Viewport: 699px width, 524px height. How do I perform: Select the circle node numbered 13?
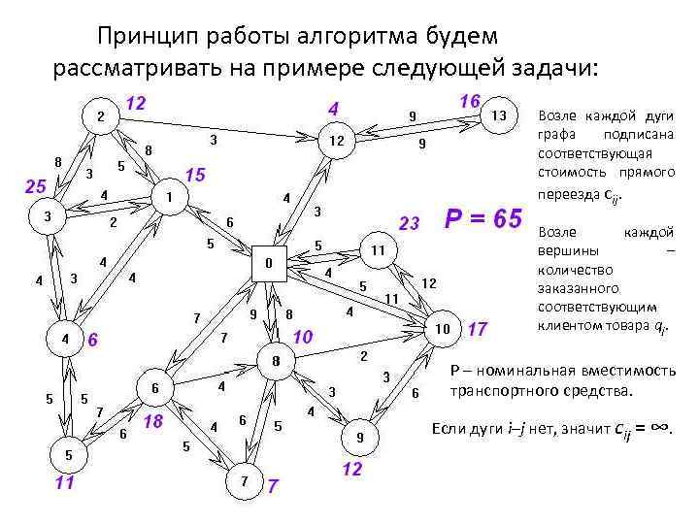(498, 115)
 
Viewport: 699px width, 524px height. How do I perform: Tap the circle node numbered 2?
(99, 117)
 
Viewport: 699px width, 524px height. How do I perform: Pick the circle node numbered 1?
(169, 196)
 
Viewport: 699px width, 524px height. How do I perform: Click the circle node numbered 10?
(442, 328)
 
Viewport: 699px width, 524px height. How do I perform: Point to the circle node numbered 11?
(379, 250)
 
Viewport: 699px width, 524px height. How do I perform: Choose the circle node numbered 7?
(244, 480)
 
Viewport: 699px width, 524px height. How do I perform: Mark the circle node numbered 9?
(359, 438)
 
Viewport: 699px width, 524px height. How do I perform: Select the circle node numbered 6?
(154, 388)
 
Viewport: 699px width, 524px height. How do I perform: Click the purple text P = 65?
(483, 219)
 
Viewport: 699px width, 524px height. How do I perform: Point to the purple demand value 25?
(35, 185)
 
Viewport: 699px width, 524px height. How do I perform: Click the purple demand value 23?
(409, 225)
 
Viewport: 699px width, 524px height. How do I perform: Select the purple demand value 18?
(152, 422)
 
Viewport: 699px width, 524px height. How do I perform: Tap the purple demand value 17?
(477, 329)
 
